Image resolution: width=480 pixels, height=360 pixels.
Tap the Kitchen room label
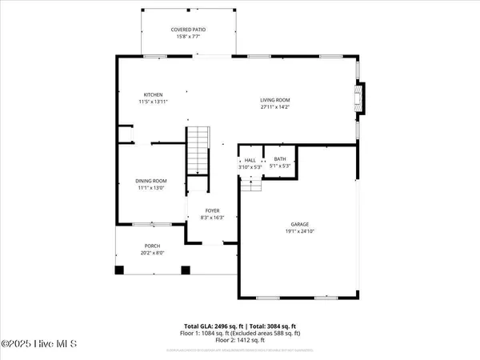pyautogui.click(x=153, y=95)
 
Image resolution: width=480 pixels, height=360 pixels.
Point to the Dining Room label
pyautogui.click(x=150, y=181)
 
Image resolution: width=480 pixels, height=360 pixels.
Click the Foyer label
pyautogui.click(x=212, y=210)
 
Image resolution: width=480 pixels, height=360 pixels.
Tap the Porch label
pyautogui.click(x=152, y=246)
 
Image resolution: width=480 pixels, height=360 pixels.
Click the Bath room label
pyautogui.click(x=280, y=159)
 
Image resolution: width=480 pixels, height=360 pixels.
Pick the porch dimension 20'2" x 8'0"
pyautogui.click(x=152, y=253)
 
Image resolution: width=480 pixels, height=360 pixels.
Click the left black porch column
pyautogui.click(x=119, y=270)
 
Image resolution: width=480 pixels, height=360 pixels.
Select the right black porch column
pyautogui.click(x=186, y=270)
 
